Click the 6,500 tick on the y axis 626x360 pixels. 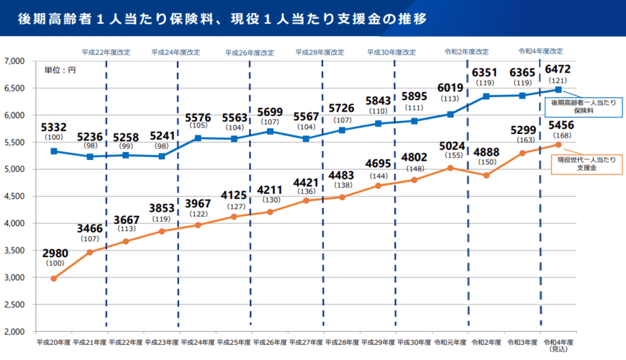16,88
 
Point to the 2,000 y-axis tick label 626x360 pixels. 16,331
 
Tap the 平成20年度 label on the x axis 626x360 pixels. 54,342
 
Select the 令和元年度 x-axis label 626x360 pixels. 450,342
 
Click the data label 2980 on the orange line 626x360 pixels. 54,253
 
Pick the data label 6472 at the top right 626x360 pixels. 558,68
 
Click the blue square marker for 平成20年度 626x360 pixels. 54,151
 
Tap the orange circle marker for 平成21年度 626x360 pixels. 90,252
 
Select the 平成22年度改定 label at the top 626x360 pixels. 106,53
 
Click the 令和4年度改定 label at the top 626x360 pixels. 540,52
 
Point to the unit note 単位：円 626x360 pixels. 60,70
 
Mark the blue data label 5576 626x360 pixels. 198,117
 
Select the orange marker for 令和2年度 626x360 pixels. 486,175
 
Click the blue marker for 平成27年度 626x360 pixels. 306,138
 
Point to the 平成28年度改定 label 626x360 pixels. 320,53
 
